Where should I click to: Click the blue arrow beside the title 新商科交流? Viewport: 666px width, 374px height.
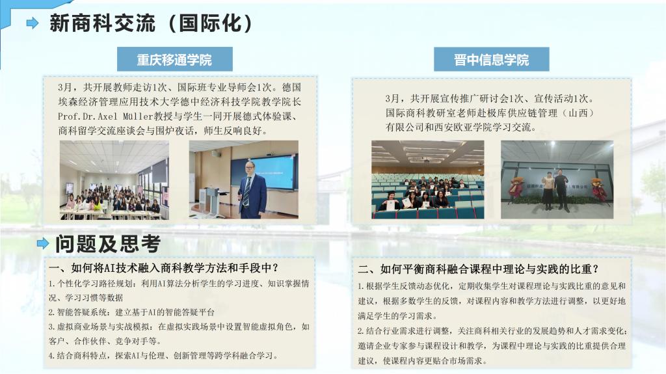click(33, 23)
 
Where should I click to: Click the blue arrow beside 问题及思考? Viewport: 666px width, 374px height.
click(43, 243)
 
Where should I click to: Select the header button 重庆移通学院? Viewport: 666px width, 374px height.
click(174, 59)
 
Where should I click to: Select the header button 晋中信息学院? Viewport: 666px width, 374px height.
click(492, 59)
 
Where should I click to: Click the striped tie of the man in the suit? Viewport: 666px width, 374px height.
click(246, 191)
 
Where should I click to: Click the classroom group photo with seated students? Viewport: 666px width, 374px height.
click(114, 180)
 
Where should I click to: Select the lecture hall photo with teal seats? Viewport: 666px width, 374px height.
click(428, 180)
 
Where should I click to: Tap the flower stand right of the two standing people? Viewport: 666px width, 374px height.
click(598, 189)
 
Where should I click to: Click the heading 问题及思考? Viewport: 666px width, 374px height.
click(108, 243)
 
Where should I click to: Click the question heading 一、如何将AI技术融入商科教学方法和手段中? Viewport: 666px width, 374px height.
click(163, 268)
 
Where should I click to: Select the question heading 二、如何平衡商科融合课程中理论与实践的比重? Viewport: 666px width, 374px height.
click(479, 269)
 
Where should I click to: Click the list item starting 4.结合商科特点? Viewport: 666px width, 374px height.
click(163, 356)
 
